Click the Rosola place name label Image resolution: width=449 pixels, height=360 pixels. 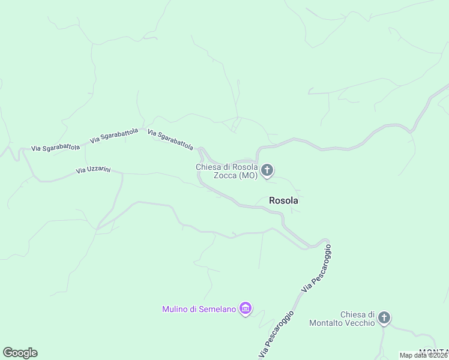283,201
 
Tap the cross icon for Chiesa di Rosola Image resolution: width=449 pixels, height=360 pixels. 268,171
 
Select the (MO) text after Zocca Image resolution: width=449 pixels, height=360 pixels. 248,176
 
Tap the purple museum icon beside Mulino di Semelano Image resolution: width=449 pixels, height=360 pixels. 245,309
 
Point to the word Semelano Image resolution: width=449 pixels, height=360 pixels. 217,310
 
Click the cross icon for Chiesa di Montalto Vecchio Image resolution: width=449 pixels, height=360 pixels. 384,318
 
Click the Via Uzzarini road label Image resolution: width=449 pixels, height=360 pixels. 94,170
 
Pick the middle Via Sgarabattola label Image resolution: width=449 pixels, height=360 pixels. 114,136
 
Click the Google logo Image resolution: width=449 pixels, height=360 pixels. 20,353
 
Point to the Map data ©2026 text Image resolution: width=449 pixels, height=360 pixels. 424,355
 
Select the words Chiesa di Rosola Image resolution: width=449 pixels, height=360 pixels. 227,167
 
